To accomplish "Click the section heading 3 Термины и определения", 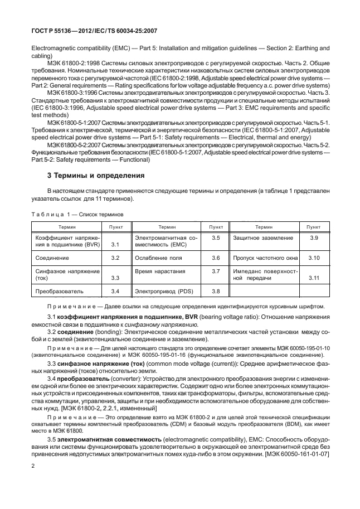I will point(96,176).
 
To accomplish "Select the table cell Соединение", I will point(52,258).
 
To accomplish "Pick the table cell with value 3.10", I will point(314,258).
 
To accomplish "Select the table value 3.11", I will point(314,278).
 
